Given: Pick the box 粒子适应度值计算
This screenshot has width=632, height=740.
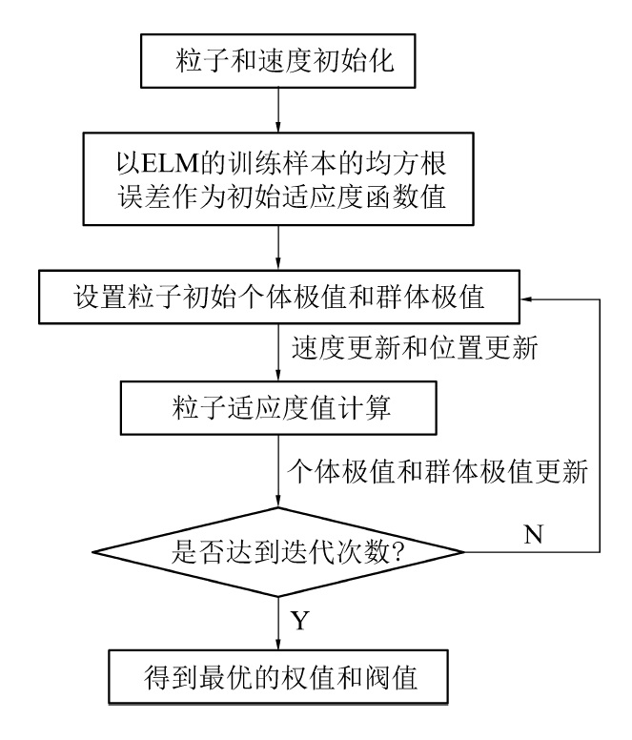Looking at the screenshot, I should pos(276,408).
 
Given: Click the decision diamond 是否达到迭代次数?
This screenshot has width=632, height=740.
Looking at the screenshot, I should pos(276,551).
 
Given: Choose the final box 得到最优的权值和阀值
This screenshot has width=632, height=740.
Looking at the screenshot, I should pos(276,679).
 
